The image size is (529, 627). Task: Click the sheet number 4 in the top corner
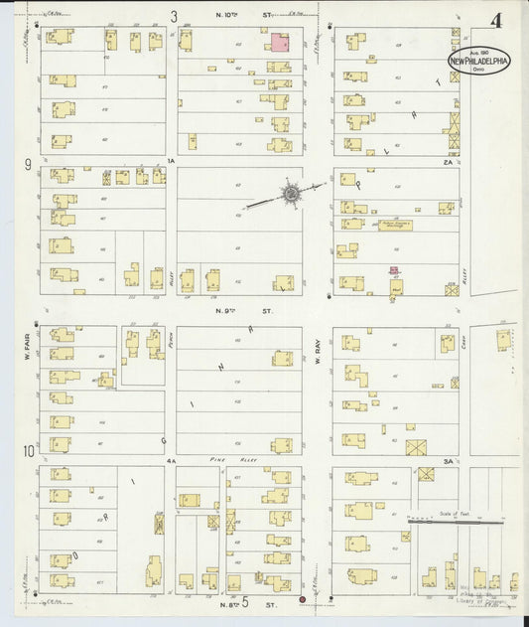[x=495, y=19]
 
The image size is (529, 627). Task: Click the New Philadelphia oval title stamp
[x=479, y=60]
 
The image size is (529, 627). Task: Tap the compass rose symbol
[x=291, y=195]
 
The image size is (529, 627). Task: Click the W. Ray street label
[x=319, y=350]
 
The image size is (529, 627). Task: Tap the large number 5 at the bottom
[x=244, y=601]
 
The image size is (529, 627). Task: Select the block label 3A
[x=448, y=460]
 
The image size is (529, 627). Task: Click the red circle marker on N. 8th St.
[x=302, y=600]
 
